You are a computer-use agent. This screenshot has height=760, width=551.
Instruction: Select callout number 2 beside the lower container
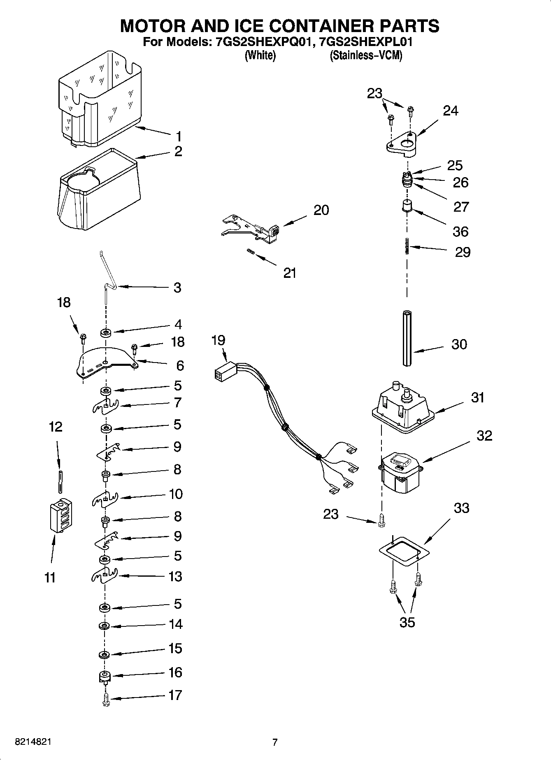(178, 151)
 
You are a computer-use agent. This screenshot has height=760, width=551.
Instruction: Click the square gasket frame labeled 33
(404, 551)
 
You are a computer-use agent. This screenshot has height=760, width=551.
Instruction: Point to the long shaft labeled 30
(407, 338)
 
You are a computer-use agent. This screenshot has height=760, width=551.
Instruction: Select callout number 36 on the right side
(460, 231)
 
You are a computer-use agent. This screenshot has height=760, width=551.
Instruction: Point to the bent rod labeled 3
(108, 275)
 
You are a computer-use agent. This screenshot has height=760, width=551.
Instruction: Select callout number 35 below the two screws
(407, 622)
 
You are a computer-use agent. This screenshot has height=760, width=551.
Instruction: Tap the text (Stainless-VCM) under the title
(365, 55)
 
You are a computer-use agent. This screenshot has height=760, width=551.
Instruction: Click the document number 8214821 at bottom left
(33, 742)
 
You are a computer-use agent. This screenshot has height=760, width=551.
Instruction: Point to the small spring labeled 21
(250, 252)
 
